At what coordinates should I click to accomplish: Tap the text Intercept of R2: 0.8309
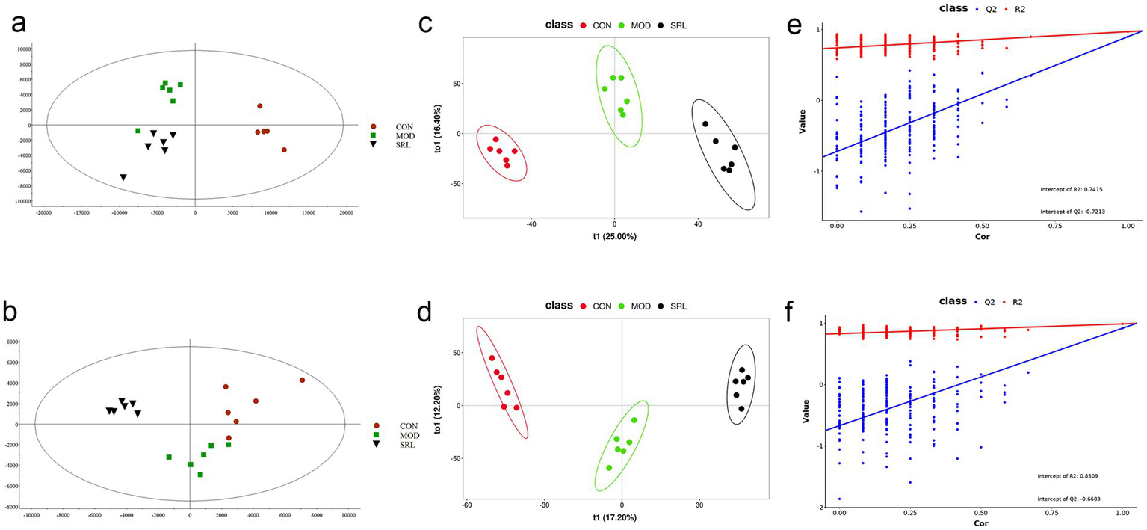click(x=1070, y=475)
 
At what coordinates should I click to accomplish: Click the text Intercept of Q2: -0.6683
click(x=1069, y=498)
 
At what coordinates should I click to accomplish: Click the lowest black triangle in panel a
click(x=123, y=177)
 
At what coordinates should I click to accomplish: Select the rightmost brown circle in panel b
click(x=303, y=380)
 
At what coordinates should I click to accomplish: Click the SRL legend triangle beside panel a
click(x=373, y=144)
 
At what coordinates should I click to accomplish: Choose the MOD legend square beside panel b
click(x=376, y=434)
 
